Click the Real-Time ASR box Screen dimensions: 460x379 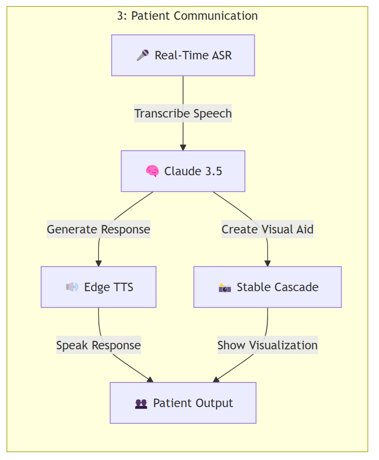tap(183, 55)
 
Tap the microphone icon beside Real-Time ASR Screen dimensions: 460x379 tap(142, 55)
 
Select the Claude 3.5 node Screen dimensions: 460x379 tap(183, 171)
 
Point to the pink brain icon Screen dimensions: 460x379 tap(152, 171)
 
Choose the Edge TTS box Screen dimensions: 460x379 tap(98, 287)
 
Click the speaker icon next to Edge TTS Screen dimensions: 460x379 tap(72, 287)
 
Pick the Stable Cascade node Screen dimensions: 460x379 tap(267, 287)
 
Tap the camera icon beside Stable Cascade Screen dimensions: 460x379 tap(224, 288)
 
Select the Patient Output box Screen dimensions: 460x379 tap(183, 403)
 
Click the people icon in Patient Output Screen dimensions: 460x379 tap(141, 403)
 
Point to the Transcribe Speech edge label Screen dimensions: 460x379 tap(183, 113)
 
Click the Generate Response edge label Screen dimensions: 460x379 tap(98, 229)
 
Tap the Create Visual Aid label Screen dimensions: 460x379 tap(267, 229)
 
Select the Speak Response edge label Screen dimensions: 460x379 tap(98, 345)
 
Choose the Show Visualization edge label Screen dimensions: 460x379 tap(267, 345)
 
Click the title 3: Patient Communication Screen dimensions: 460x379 tap(187, 16)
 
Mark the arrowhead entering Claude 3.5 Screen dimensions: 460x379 tap(183, 148)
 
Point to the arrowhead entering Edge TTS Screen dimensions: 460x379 tap(98, 264)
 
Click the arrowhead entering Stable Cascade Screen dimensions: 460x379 tap(267, 264)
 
